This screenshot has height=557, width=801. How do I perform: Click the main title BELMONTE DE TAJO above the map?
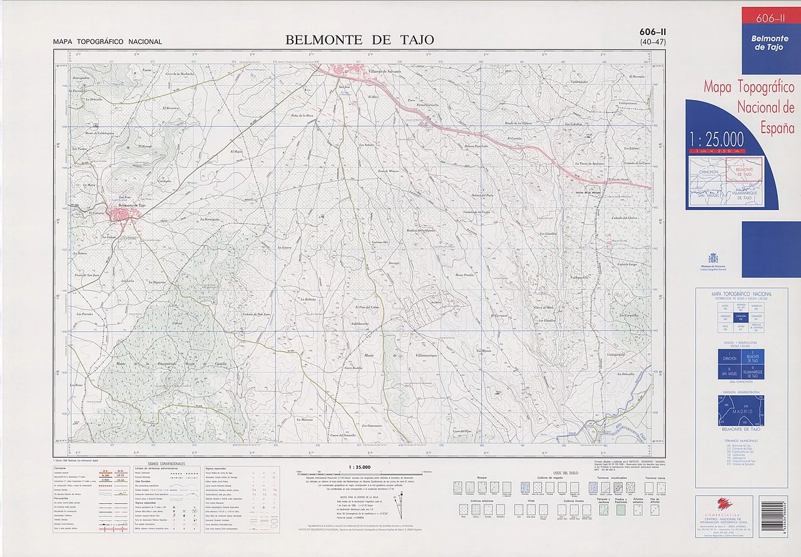[x=359, y=40]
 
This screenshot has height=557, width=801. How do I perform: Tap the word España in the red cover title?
[x=777, y=128]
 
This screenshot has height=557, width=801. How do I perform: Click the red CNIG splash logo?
[x=724, y=505]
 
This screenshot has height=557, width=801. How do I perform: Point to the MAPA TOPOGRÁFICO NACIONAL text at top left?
[x=107, y=42]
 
